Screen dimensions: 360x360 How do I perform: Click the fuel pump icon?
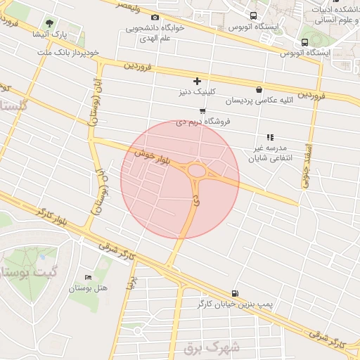(234, 293)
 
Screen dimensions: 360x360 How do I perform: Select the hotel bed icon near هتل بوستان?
(88, 278)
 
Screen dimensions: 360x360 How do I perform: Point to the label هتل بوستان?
(91, 288)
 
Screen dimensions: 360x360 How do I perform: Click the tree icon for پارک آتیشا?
(49, 22)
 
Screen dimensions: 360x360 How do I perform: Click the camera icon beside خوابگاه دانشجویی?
(155, 18)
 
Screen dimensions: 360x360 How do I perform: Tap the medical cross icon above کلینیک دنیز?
(197, 82)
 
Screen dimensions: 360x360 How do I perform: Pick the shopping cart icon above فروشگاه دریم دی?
(202, 110)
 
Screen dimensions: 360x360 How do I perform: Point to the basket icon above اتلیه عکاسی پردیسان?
(259, 89)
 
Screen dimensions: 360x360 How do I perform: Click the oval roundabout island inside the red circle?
(197, 171)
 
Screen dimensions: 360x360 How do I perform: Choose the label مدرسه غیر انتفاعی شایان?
(269, 153)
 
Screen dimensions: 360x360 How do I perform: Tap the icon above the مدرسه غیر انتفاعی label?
(269, 138)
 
